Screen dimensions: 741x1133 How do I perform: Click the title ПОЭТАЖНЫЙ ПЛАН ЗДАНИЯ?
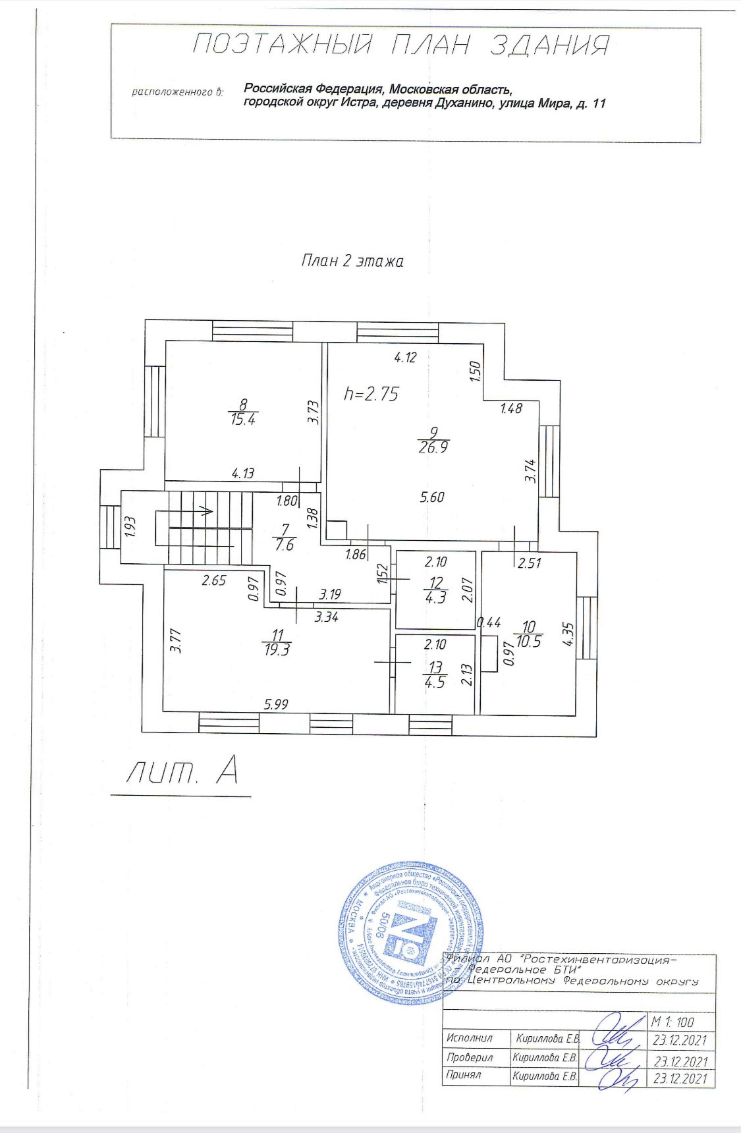(401, 45)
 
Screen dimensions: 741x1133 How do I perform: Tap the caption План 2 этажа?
(352, 261)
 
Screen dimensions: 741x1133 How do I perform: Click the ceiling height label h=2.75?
(371, 394)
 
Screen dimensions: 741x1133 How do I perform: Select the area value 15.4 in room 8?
(243, 420)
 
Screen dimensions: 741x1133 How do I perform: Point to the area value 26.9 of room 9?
(433, 448)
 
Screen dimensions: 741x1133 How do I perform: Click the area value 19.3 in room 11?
(277, 649)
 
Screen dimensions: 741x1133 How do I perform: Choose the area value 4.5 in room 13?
(435, 682)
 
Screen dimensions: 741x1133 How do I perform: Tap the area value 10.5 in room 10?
(529, 642)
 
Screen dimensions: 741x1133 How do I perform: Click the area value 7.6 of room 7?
(285, 545)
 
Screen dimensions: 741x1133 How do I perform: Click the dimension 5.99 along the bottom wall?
(276, 704)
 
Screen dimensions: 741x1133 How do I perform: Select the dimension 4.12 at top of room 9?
(406, 358)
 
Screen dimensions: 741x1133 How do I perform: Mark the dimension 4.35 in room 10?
(568, 636)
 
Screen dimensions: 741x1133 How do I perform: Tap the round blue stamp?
(412, 932)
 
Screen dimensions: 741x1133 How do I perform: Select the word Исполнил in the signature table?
(470, 1038)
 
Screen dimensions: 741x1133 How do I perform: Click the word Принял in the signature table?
(464, 1075)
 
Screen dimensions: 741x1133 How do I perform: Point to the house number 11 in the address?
(598, 103)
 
